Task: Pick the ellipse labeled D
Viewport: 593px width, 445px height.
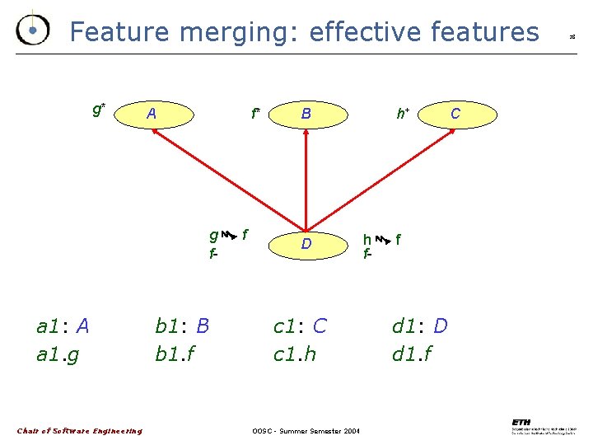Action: (306, 244)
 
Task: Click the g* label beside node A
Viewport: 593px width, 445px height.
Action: (98, 109)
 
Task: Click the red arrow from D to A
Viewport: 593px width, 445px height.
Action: (231, 179)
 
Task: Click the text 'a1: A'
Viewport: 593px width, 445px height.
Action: (63, 326)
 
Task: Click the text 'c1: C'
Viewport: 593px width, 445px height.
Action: (300, 326)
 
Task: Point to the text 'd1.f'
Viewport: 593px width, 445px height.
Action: (413, 355)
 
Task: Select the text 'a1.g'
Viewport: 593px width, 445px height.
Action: (58, 355)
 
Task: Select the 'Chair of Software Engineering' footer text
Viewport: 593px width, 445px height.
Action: (80, 431)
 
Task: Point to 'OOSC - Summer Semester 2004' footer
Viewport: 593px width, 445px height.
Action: (306, 431)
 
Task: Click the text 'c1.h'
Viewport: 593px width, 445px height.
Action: (295, 355)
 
